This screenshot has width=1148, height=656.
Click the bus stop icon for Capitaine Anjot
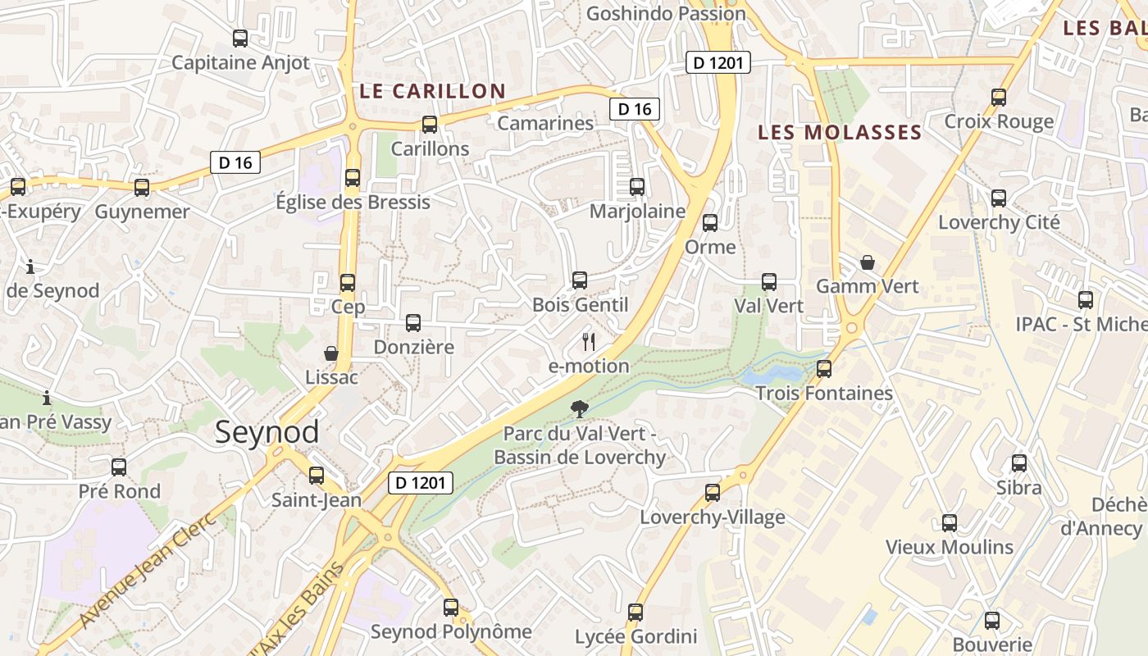point(240,39)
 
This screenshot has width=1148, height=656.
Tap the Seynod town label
point(266,432)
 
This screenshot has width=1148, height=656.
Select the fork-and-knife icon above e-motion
point(588,342)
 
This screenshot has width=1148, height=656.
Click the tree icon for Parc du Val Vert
point(580,408)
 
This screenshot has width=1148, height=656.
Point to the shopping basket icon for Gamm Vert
point(868,263)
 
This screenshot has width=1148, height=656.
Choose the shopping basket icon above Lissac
point(331,353)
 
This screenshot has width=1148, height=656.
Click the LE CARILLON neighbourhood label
point(432,91)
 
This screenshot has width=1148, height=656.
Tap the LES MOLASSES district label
point(840,132)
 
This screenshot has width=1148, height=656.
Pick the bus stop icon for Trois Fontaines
point(824,369)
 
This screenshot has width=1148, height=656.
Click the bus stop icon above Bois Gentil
point(580,280)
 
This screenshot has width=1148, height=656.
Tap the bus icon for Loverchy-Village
point(713,493)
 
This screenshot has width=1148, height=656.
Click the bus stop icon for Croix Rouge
point(999,98)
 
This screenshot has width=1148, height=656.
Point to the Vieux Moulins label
point(950,547)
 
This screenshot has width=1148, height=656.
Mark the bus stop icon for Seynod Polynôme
point(451,608)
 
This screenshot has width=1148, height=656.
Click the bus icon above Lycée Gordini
point(635,613)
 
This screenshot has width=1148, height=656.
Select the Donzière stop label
point(413,347)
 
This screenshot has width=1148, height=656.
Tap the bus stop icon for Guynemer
point(142,188)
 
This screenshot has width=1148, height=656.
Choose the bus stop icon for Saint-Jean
point(317,475)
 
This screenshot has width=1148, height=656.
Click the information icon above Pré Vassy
point(47,399)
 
